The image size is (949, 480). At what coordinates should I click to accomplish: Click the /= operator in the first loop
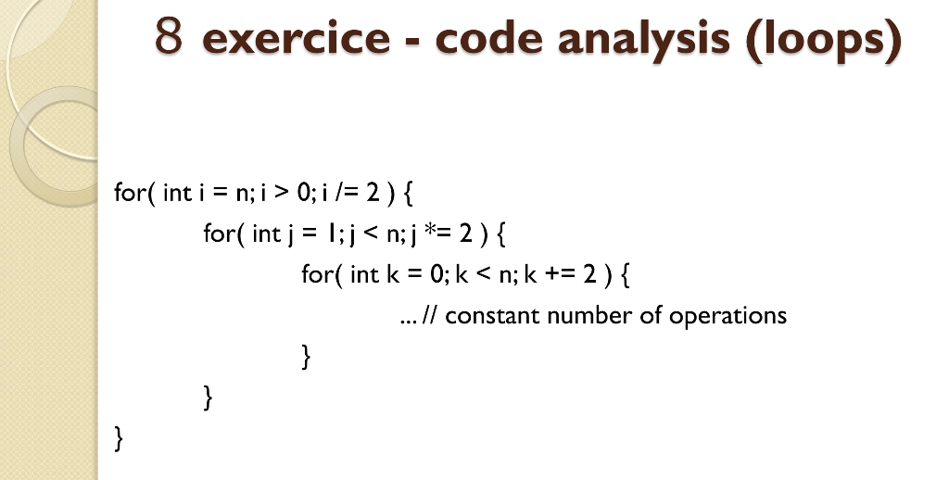(x=349, y=193)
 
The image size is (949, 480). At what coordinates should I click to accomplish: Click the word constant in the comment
(x=492, y=316)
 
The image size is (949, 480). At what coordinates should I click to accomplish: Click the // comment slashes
(x=429, y=316)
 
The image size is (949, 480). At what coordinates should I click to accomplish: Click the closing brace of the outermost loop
(x=118, y=437)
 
